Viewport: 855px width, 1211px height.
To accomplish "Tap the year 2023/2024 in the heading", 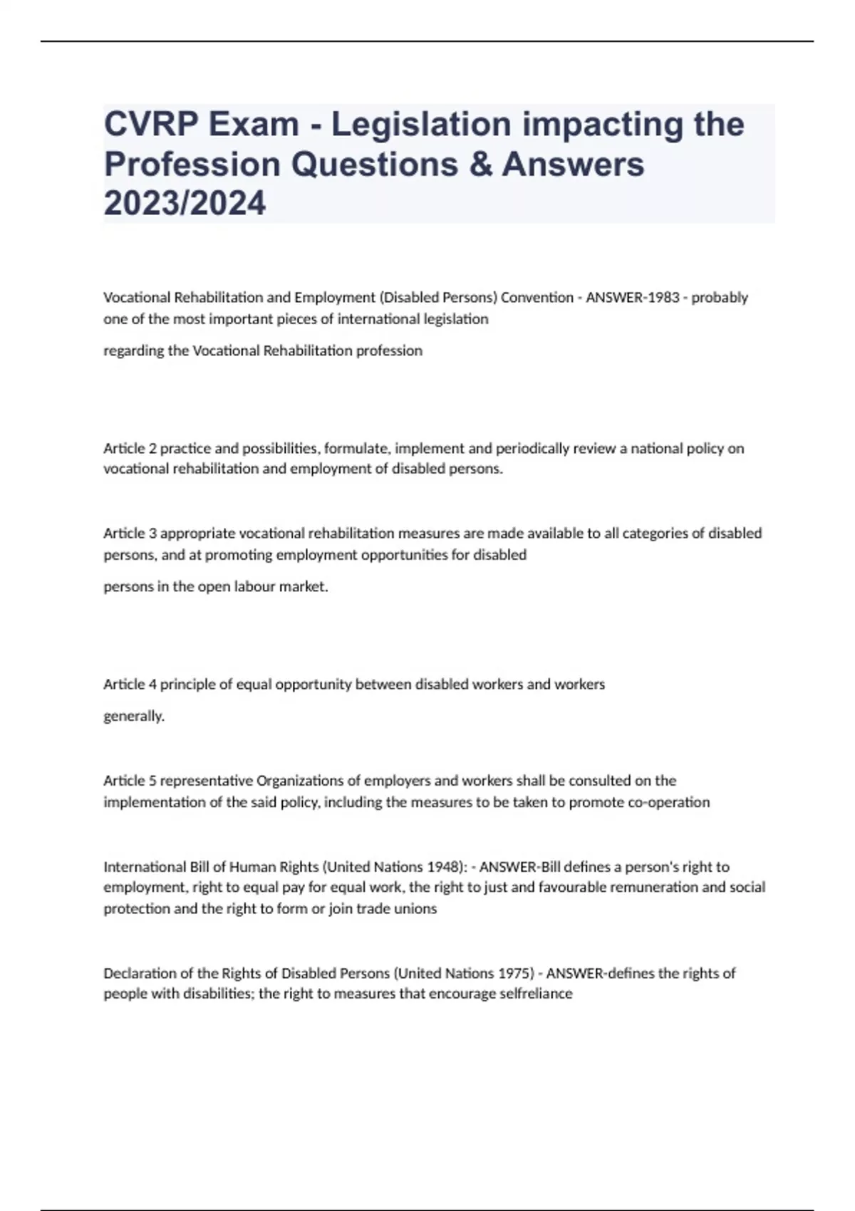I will [185, 203].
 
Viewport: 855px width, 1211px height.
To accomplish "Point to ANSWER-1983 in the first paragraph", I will [633, 297].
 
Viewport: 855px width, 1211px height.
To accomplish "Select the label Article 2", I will [130, 448].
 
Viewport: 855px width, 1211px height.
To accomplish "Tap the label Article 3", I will [130, 533].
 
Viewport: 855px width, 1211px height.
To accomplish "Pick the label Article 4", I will [130, 684].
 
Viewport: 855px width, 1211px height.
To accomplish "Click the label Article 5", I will [130, 780].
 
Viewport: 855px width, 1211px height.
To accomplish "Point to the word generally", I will [134, 716].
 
